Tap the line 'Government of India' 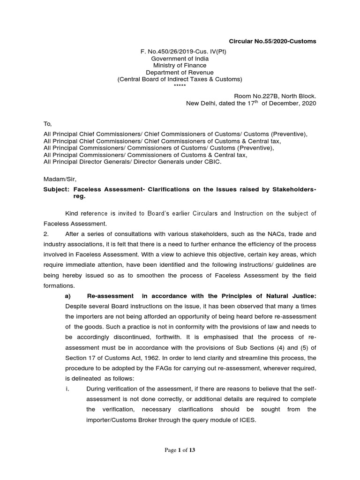[x=180, y=59]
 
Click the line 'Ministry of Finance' [x=180, y=66]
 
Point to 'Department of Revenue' [x=180, y=73]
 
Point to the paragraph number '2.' [x=46, y=234]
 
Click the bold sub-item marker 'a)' [x=67, y=296]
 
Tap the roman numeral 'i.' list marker [x=67, y=388]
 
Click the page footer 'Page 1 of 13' [x=179, y=450]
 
